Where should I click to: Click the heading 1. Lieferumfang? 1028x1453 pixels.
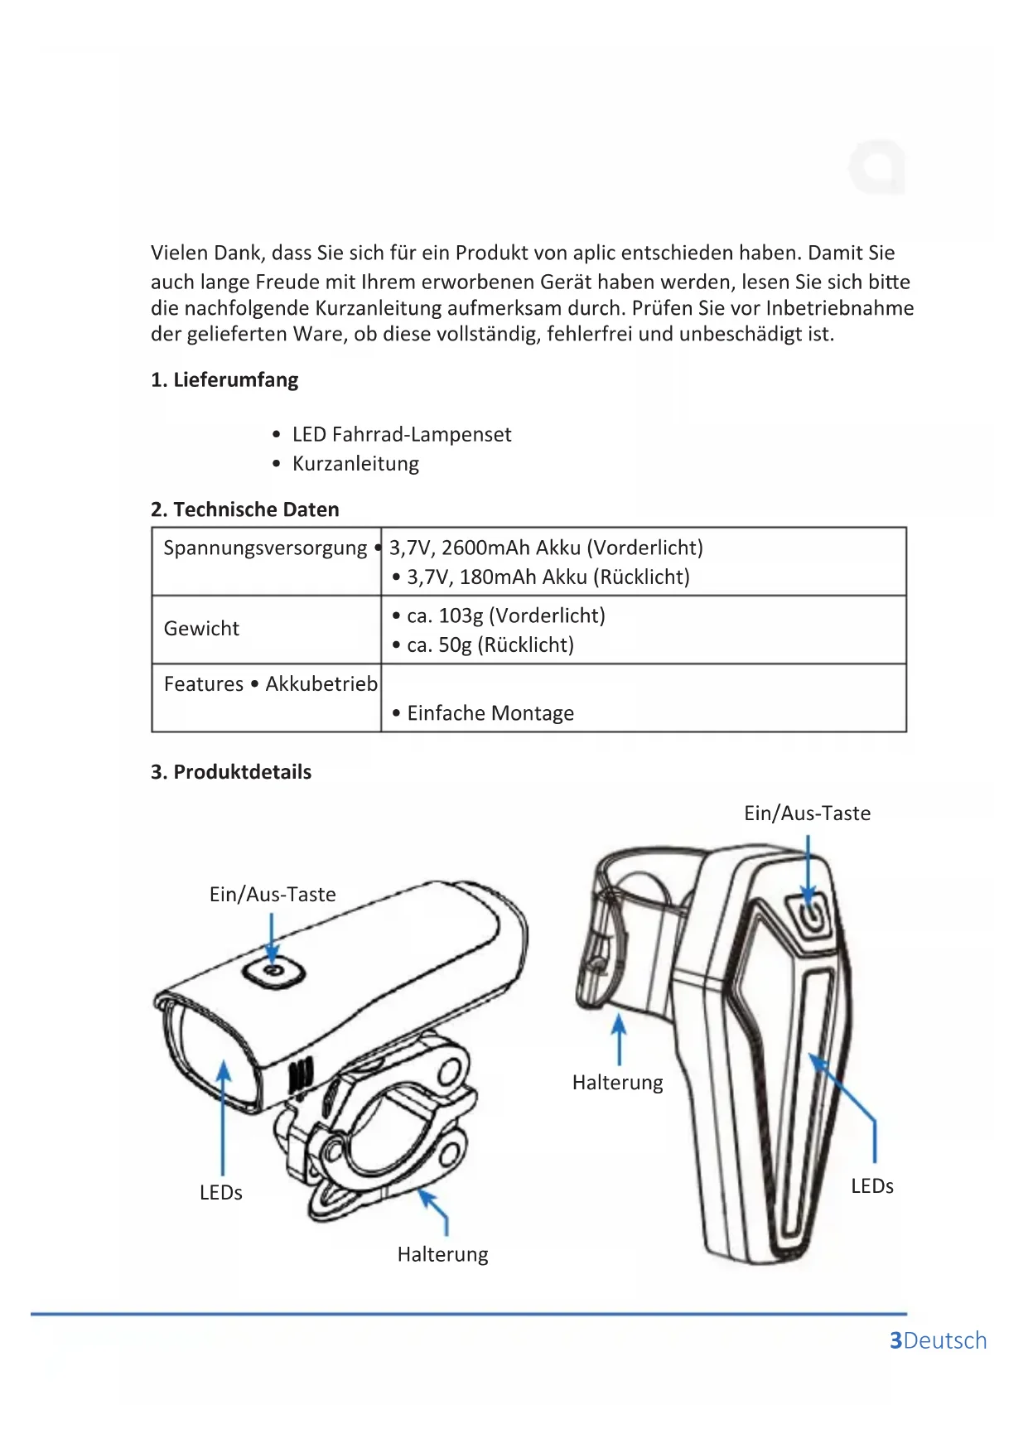pyautogui.click(x=224, y=380)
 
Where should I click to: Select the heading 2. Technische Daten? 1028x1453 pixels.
pyautogui.click(x=244, y=509)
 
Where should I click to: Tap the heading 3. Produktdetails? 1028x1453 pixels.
pyautogui.click(x=230, y=772)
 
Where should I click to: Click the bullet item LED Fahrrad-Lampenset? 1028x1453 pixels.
pyautogui.click(x=401, y=435)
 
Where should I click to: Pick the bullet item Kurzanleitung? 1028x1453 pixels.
pyautogui.click(x=355, y=464)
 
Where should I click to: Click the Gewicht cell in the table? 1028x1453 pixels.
pyautogui.click(x=201, y=629)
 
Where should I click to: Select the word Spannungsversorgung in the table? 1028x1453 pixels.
pyautogui.click(x=265, y=548)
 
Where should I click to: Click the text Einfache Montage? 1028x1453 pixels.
pyautogui.click(x=490, y=713)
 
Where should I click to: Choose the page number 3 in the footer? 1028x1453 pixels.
pyautogui.click(x=895, y=1340)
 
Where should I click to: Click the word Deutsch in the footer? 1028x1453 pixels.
pyautogui.click(x=945, y=1340)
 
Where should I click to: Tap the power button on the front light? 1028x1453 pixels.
pyautogui.click(x=273, y=972)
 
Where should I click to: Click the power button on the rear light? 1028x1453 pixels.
pyautogui.click(x=809, y=914)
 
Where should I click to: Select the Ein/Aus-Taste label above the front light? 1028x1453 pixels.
pyautogui.click(x=273, y=895)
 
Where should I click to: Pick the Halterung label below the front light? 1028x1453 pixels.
pyautogui.click(x=442, y=1254)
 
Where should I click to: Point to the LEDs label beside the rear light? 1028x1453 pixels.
pyautogui.click(x=871, y=1186)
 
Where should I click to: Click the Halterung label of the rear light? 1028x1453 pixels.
pyautogui.click(x=617, y=1083)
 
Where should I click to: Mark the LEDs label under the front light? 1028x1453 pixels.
pyautogui.click(x=220, y=1193)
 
